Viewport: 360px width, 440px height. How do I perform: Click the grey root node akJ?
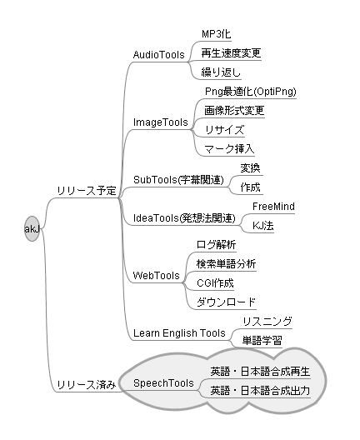32,228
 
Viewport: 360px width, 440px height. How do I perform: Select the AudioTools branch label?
159,55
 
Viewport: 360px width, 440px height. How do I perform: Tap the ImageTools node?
161,122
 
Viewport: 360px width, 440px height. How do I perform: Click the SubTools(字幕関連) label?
178,180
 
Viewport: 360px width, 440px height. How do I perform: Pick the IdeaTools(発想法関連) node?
184,218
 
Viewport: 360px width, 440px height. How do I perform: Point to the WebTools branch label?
157,276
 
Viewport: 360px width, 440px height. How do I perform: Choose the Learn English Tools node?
179,333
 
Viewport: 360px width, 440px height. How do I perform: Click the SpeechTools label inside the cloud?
163,383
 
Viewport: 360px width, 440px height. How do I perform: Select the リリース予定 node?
87,191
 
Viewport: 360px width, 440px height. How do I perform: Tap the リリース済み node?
87,385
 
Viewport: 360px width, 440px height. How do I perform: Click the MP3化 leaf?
217,34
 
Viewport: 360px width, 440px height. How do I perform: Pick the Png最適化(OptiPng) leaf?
251,92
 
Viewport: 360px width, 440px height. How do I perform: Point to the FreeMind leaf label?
273,207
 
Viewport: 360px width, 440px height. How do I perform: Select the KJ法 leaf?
262,226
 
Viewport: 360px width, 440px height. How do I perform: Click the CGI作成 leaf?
215,283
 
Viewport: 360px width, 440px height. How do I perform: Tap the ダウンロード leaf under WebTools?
226,302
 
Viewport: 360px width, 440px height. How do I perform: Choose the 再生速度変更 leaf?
231,53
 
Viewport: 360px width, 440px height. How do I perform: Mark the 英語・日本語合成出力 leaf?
260,391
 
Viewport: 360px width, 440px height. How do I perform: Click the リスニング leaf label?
267,322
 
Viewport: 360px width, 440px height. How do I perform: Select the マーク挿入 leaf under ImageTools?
229,149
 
